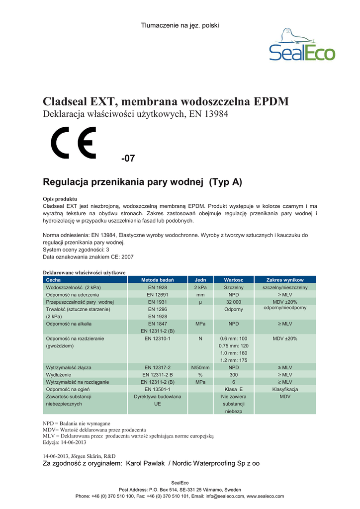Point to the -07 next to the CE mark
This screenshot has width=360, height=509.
click(128, 159)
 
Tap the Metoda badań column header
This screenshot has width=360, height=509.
click(158, 280)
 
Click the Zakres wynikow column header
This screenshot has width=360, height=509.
click(285, 280)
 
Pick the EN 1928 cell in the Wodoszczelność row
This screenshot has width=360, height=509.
click(158, 287)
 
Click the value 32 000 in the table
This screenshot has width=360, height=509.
click(234, 302)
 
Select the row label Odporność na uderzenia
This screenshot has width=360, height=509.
click(73, 295)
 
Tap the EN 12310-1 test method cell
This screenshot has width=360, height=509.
click(158, 339)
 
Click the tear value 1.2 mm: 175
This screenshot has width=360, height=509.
click(234, 360)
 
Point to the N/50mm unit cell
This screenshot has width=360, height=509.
click(200, 367)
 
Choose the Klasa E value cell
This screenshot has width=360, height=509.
click(234, 389)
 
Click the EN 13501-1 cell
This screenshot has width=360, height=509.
click(158, 389)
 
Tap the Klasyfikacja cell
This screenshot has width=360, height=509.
click(285, 389)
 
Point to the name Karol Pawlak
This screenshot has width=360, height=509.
click(146, 463)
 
